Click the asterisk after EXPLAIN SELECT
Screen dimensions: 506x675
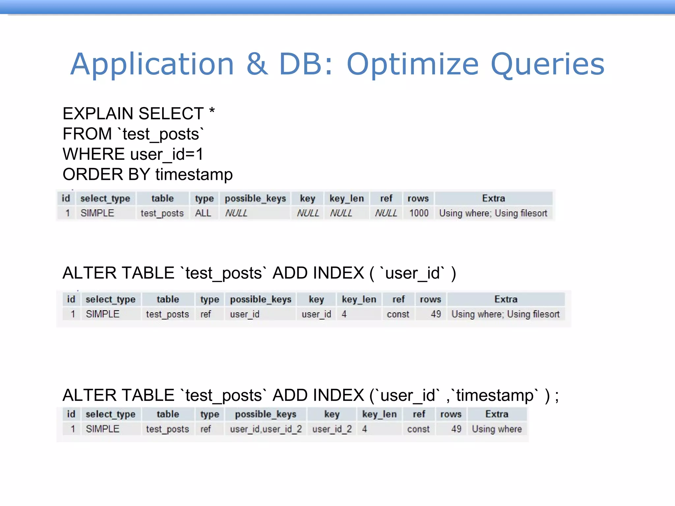tap(212, 112)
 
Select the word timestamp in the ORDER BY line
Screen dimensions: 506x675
tap(194, 175)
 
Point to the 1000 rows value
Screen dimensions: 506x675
tap(419, 213)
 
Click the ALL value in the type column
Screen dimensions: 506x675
tap(203, 213)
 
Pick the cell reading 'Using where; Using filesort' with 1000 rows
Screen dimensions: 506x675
tap(493, 213)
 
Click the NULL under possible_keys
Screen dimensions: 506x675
tap(236, 213)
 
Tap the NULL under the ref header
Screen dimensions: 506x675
tap(386, 213)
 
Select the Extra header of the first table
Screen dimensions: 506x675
tap(493, 198)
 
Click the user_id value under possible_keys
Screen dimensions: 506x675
tap(245, 314)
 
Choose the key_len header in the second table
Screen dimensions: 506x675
tap(359, 299)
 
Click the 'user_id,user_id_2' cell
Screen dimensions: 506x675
tap(266, 429)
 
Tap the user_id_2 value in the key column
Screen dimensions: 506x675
tap(332, 429)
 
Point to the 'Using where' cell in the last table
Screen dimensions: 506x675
tap(497, 429)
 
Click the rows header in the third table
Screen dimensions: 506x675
tap(451, 414)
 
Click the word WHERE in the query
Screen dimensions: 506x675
tap(94, 154)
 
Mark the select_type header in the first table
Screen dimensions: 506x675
tap(105, 198)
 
